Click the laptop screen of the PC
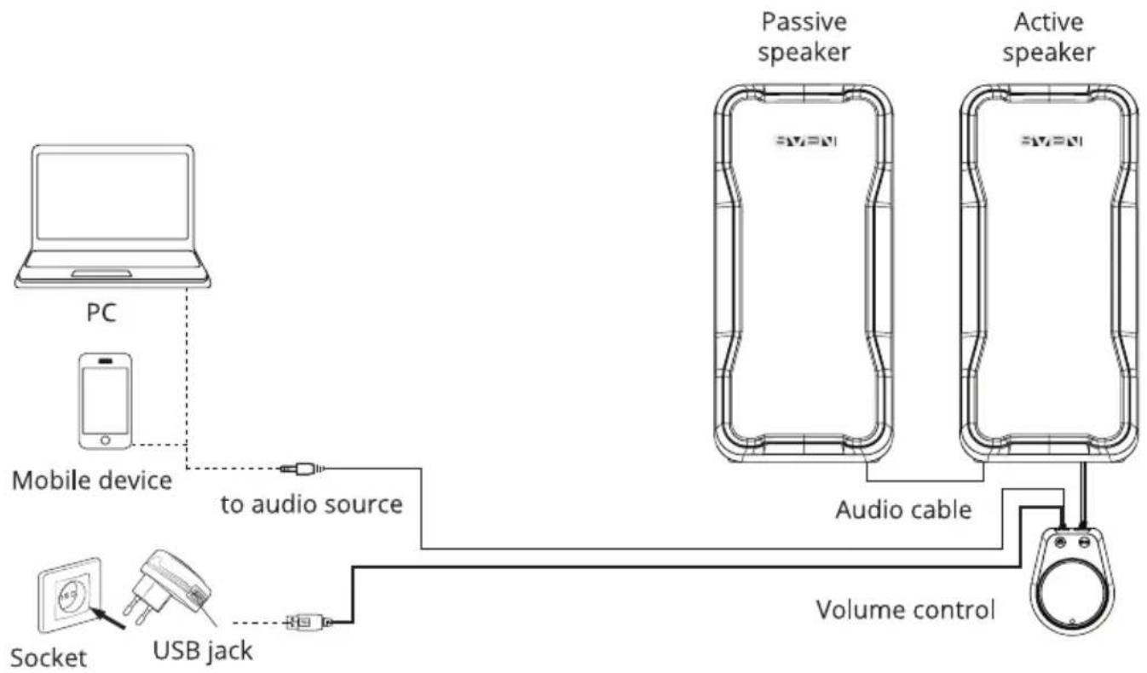click(112, 196)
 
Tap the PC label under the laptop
click(101, 313)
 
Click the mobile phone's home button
click(106, 440)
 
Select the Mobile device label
click(92, 481)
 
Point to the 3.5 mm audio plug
click(303, 469)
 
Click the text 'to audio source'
click(312, 504)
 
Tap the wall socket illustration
click(70, 595)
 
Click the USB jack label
click(203, 651)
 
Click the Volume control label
click(905, 610)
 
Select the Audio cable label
click(904, 509)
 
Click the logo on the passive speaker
click(805, 141)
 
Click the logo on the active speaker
click(1051, 141)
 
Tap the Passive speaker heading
click(804, 37)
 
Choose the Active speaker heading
click(1049, 37)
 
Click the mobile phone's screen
click(105, 400)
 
